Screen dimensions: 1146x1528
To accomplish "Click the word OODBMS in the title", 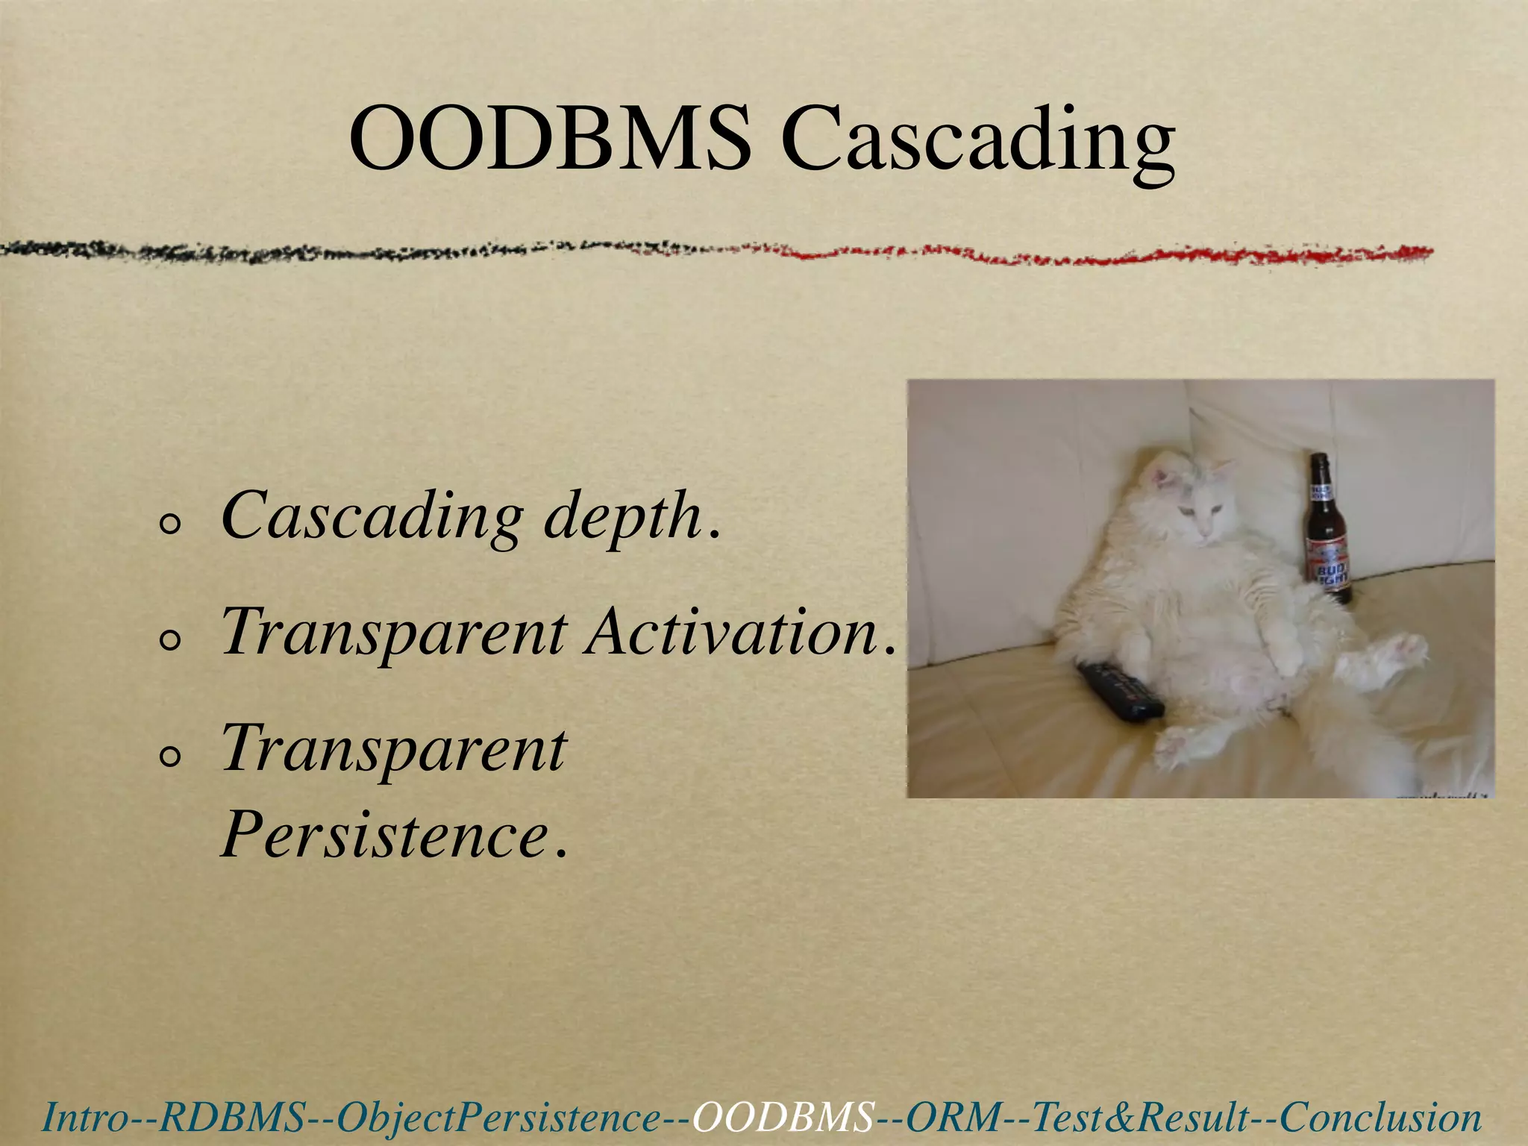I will click(551, 138).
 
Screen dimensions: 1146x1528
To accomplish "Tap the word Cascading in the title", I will click(977, 142).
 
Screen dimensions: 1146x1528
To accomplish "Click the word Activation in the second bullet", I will click(731, 633).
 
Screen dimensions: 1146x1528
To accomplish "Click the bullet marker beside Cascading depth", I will click(170, 525).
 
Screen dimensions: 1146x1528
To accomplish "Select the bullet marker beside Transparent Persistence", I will click(170, 758).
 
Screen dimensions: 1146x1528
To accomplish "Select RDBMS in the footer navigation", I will click(232, 1118).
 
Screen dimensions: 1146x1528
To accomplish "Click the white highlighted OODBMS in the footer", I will click(783, 1118).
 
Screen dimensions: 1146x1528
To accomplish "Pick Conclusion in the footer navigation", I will click(1381, 1118).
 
